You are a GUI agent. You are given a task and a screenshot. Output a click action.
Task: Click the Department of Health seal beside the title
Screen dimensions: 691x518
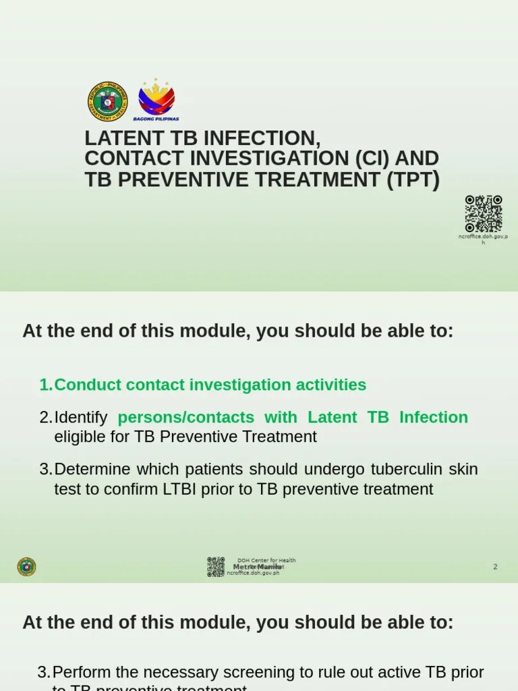pos(107,101)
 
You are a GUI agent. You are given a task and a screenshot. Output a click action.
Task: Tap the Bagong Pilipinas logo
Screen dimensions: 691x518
pos(156,99)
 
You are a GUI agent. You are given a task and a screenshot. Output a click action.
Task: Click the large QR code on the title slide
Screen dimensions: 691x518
pos(483,213)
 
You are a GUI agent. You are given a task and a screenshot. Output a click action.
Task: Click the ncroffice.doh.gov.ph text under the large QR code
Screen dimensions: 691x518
pos(483,239)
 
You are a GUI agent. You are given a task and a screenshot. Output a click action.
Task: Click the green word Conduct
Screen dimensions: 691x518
pos(85,385)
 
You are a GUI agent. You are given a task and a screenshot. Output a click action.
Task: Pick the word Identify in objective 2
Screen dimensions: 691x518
pos(82,417)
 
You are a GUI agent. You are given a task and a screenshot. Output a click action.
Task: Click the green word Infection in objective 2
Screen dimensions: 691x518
pos(433,417)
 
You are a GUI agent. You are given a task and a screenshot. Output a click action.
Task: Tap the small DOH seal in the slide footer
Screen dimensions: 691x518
pos(26,567)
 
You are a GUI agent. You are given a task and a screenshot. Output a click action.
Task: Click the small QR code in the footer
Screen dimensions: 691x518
pos(216,567)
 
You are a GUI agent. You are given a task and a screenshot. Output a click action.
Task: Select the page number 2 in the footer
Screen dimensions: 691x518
pos(495,567)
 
